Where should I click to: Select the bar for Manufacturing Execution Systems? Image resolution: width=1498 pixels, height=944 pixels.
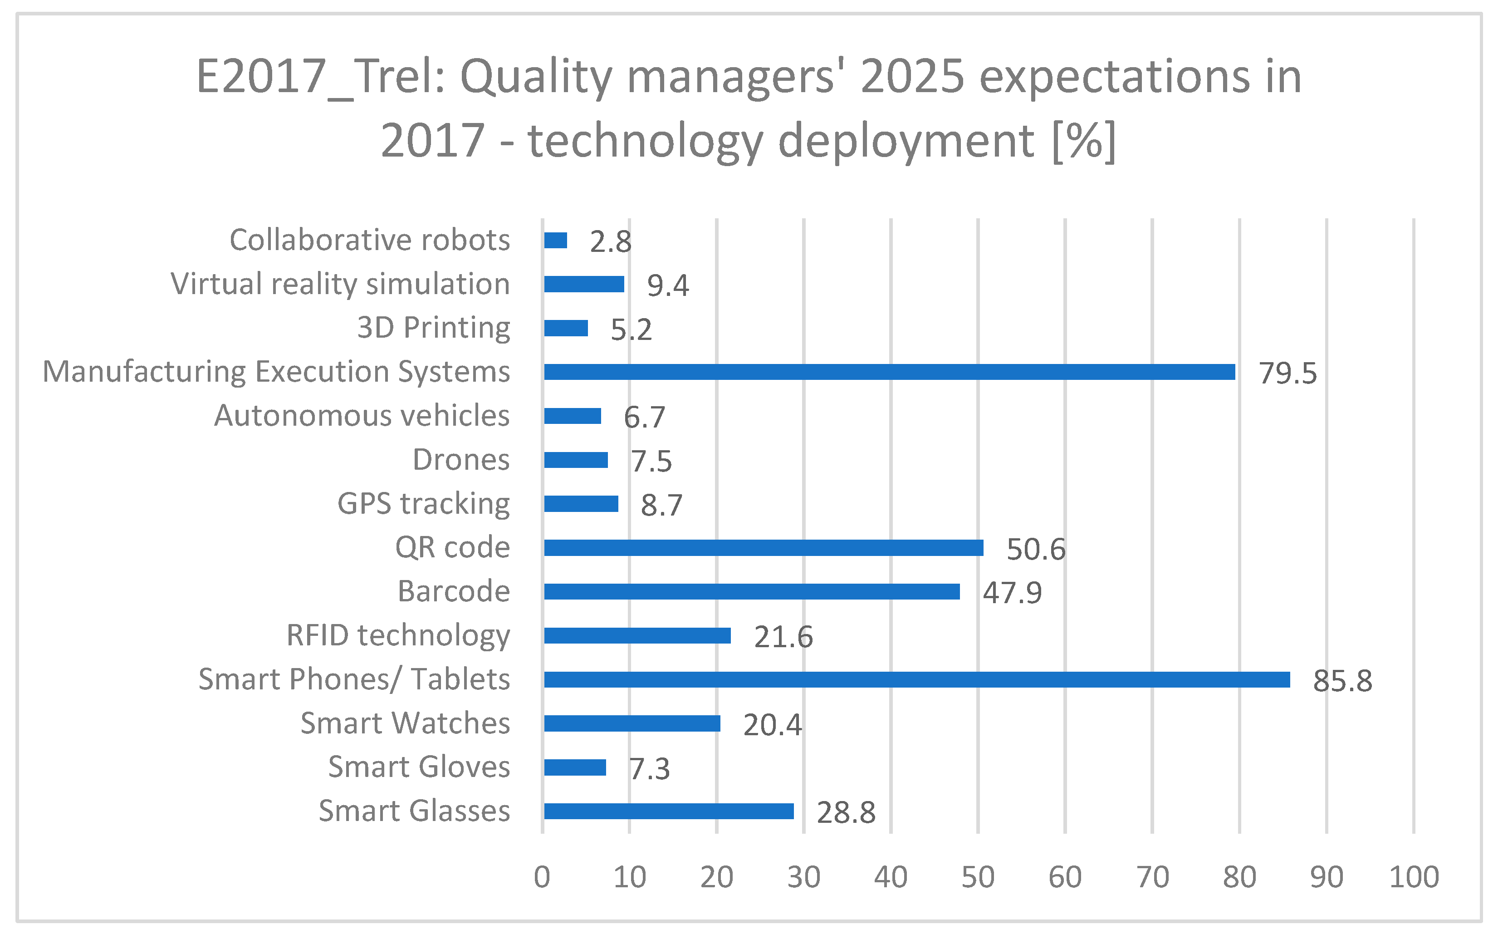890,372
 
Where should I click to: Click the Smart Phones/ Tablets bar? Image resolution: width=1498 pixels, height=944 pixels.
917,679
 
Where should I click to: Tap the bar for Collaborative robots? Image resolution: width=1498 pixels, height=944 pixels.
556,240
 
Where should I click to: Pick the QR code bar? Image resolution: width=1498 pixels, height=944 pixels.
764,548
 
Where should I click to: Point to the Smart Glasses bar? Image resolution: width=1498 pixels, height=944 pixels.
669,811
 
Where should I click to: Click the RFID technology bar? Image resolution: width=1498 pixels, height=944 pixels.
637,635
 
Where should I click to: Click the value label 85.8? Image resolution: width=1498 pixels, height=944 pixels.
1342,681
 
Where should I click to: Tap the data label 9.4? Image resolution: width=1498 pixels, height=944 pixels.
667,285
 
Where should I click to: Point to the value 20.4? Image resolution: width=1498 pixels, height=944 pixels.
772,725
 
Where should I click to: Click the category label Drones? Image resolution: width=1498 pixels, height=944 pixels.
461,460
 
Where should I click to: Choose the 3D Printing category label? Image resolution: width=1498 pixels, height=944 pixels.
434,328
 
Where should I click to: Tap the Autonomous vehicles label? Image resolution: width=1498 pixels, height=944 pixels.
362,416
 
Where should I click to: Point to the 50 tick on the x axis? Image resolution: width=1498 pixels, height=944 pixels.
978,877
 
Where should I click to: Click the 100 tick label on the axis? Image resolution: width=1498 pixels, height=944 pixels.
1414,877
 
